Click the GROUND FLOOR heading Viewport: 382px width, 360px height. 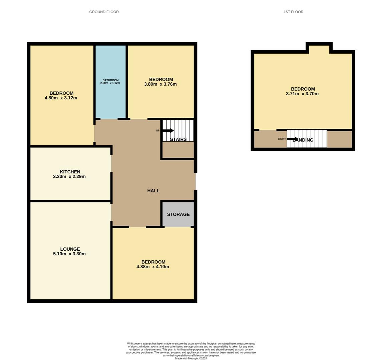(104, 12)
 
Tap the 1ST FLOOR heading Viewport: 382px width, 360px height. (293, 12)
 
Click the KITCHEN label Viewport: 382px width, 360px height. (70, 172)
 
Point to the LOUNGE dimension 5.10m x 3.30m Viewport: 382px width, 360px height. (69, 254)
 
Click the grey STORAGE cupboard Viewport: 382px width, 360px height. (178, 214)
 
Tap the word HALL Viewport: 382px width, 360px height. (153, 191)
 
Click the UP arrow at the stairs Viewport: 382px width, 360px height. (168, 130)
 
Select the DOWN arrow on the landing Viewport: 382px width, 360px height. (292, 139)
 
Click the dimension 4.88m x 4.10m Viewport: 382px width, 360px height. (153, 267)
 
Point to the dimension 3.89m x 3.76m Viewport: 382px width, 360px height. (160, 84)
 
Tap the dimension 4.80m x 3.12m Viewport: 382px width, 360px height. (61, 98)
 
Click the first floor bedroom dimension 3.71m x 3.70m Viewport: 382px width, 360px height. (302, 94)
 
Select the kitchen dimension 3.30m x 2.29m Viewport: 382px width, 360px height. (69, 177)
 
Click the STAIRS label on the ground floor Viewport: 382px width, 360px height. (178, 139)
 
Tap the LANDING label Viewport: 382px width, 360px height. (303, 140)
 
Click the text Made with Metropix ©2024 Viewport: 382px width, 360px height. (191, 358)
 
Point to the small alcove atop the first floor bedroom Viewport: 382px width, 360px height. (319, 49)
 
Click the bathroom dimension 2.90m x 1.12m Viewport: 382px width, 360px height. (110, 83)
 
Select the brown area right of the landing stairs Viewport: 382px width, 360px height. (339, 139)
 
